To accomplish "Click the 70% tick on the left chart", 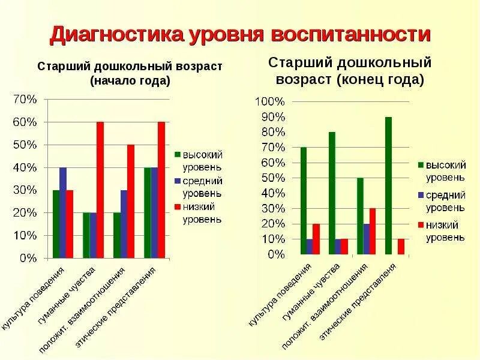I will click(25, 100).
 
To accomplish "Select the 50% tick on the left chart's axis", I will click(25, 145).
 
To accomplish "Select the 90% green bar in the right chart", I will click(388, 186).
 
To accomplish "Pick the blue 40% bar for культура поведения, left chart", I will click(63, 213).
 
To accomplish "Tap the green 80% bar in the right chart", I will click(332, 193).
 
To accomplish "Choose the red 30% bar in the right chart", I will click(373, 231).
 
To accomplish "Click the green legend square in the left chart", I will click(178, 154).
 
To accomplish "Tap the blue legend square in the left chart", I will click(178, 180).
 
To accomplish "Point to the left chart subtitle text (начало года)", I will click(130, 80).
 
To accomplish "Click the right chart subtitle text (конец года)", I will click(350, 79).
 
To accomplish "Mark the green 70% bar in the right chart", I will click(303, 201).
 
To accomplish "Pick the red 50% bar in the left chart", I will click(130, 202).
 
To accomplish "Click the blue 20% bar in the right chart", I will click(366, 239).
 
